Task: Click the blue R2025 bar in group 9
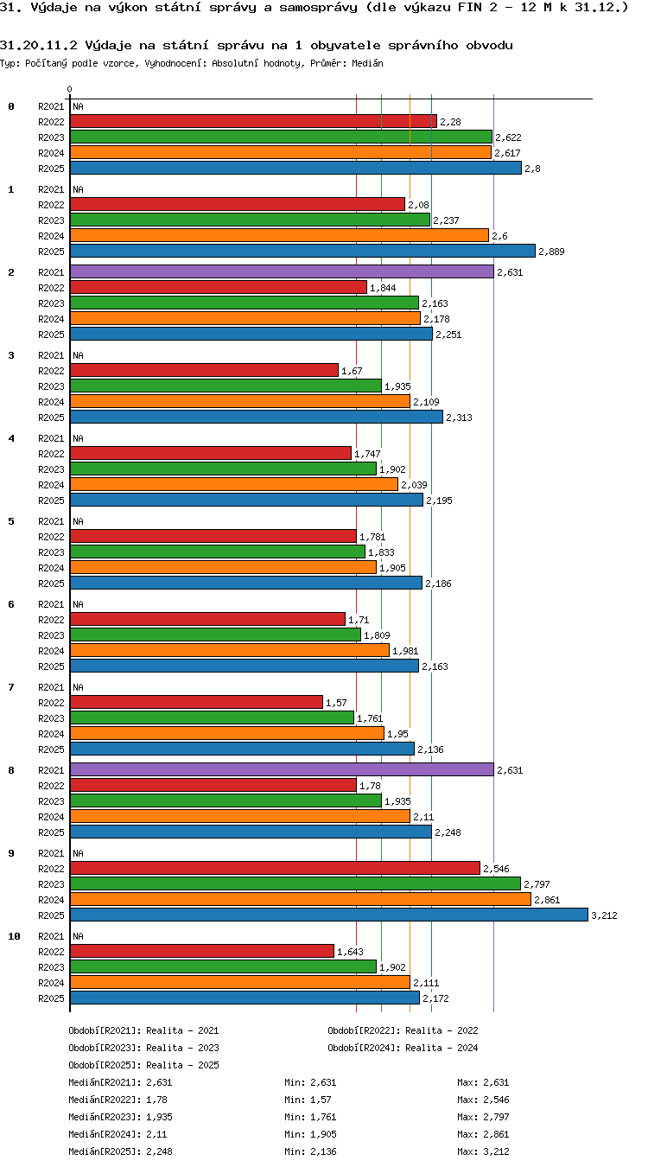coord(329,915)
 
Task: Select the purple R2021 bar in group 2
coord(282,271)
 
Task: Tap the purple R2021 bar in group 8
coord(282,769)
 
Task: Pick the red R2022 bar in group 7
coord(196,702)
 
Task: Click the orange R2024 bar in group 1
coord(280,235)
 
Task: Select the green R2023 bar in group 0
coord(282,137)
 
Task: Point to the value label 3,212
coord(604,915)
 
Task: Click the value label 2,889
coord(551,252)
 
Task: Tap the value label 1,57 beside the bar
coord(336,703)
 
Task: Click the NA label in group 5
coord(78,521)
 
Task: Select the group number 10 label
coord(14,936)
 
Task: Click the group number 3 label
coord(11,355)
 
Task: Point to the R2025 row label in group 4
coord(51,501)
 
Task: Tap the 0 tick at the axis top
coord(70,90)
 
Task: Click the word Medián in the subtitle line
coord(368,64)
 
